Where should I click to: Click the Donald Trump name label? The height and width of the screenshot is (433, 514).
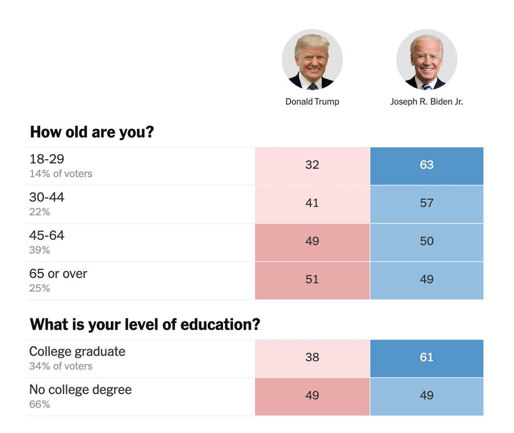312,102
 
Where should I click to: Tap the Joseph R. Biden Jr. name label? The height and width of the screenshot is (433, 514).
426,102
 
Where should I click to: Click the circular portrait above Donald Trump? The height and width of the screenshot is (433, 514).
312,60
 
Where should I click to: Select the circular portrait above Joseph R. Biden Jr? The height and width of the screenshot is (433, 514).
426,60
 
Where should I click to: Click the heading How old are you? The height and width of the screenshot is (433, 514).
92,132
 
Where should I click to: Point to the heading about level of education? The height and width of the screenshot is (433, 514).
145,325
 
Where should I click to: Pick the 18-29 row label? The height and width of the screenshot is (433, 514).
47,159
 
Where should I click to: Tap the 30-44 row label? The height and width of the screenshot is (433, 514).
47,198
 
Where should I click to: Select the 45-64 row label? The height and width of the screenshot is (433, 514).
47,235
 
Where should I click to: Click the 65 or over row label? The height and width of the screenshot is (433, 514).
58,274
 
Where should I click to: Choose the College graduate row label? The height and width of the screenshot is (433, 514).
77,351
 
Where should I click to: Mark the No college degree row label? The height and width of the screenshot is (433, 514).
80,390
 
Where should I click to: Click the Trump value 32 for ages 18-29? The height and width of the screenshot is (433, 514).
312,165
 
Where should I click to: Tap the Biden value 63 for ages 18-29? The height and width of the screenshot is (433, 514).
426,165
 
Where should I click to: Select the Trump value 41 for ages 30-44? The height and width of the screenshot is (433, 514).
312,203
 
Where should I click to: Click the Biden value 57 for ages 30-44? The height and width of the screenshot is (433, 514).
426,203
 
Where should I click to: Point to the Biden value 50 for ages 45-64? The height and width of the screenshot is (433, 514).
426,241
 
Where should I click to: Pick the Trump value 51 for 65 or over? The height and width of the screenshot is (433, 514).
312,280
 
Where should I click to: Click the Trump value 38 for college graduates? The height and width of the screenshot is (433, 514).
312,357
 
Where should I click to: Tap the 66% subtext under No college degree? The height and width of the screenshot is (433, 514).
39,404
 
